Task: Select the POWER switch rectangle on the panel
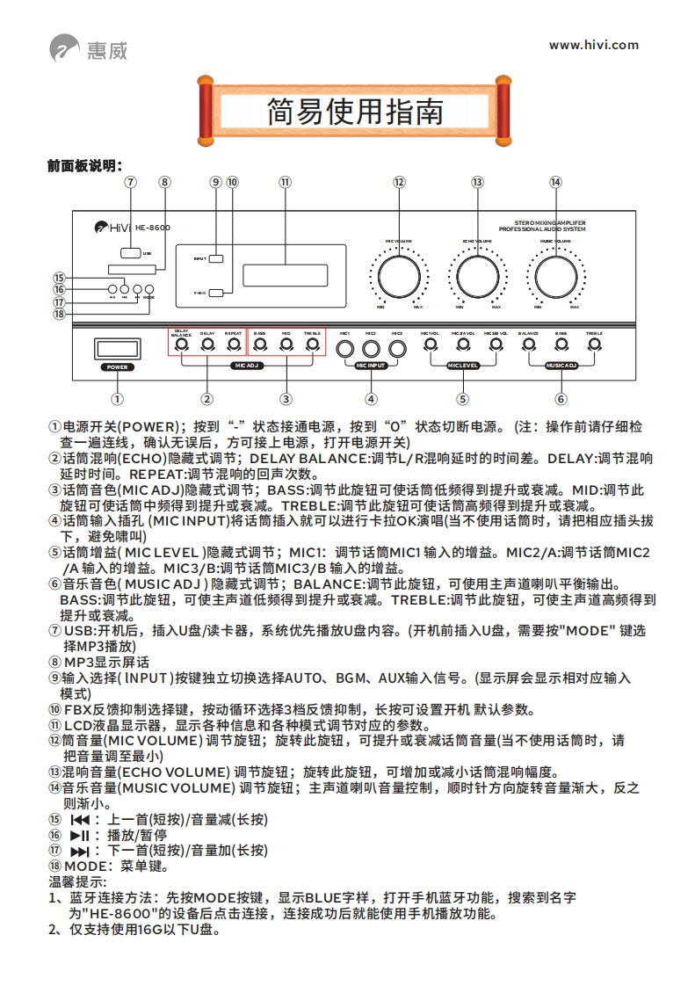[x=117, y=348]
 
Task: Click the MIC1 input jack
[x=345, y=348]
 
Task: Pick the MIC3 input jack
[x=397, y=348]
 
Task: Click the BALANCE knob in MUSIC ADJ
[x=528, y=345]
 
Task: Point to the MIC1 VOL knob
[x=430, y=345]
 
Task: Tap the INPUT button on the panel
[x=217, y=258]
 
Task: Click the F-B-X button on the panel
[x=217, y=294]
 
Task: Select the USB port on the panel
[x=130, y=252]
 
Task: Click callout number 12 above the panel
[x=399, y=182]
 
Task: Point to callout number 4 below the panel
[x=372, y=398]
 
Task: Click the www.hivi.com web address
[x=594, y=46]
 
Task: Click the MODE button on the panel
[x=149, y=289]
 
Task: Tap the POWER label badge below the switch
[x=117, y=368]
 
